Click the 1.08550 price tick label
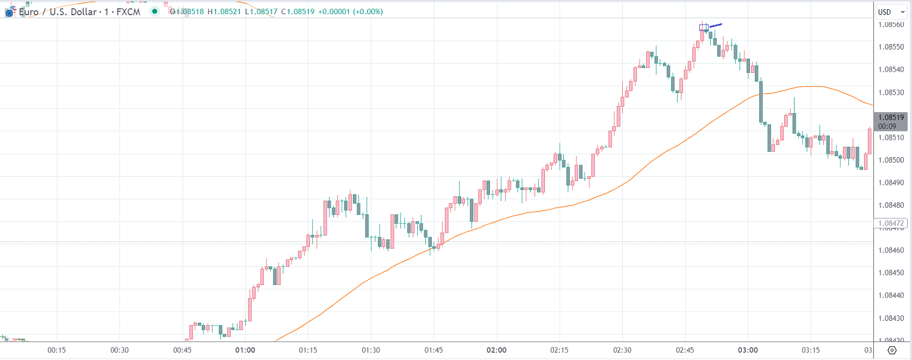[x=891, y=47]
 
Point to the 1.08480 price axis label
[x=891, y=205]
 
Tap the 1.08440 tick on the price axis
[x=891, y=295]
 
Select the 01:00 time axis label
[x=245, y=350]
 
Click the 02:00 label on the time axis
[x=496, y=350]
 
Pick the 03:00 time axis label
[x=747, y=350]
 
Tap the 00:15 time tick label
[x=57, y=350]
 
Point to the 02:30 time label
[x=622, y=350]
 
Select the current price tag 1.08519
[x=891, y=117]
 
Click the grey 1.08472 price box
[x=891, y=223]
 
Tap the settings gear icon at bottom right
[x=892, y=350]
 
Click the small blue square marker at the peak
[x=704, y=28]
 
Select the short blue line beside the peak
[x=716, y=25]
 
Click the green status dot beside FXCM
[x=155, y=11]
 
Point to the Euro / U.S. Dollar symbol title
[x=58, y=12]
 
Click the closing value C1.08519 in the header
[x=297, y=11]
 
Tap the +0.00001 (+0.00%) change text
[x=351, y=11]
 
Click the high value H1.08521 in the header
[x=224, y=11]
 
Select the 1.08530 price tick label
[x=891, y=92]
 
